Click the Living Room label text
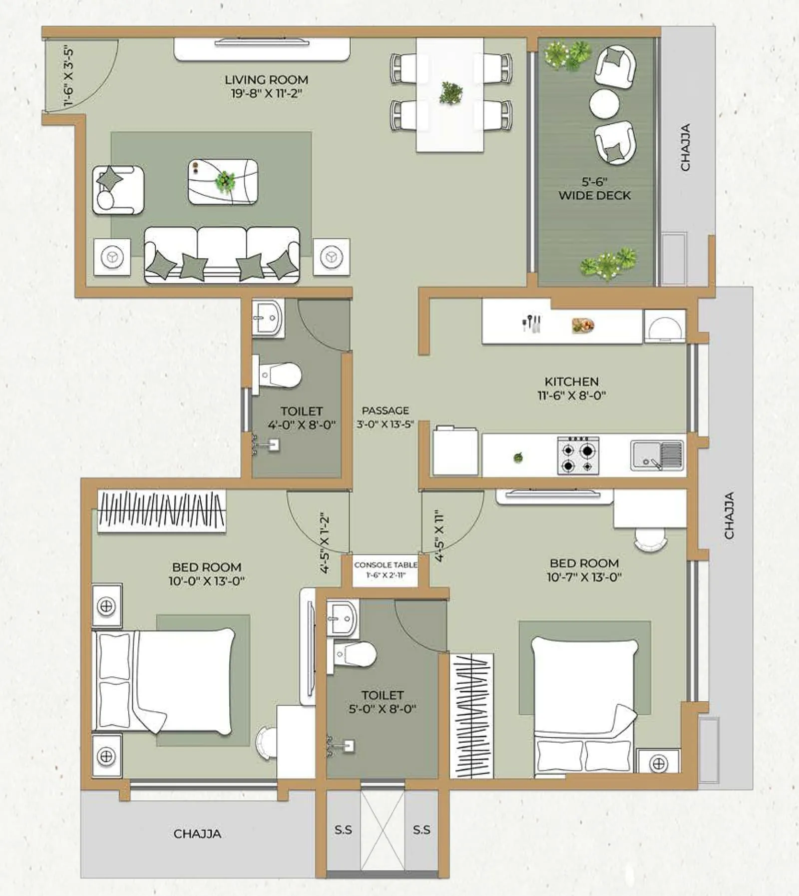coord(266,80)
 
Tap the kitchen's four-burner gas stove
coord(578,455)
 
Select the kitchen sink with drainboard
coord(657,455)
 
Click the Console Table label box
coord(385,570)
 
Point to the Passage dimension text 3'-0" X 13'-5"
coord(385,425)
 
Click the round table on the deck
coord(604,104)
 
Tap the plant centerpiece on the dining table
coord(450,93)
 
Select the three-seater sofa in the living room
coord(222,255)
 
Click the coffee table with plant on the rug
coord(223,181)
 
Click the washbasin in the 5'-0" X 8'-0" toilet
coord(342,618)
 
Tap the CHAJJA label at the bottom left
coord(197,834)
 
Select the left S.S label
coord(343,830)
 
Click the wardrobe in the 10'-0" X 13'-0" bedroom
coord(161,511)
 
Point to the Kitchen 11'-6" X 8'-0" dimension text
coord(571,396)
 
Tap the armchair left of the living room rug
coord(118,190)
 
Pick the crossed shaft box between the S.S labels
coord(383,830)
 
